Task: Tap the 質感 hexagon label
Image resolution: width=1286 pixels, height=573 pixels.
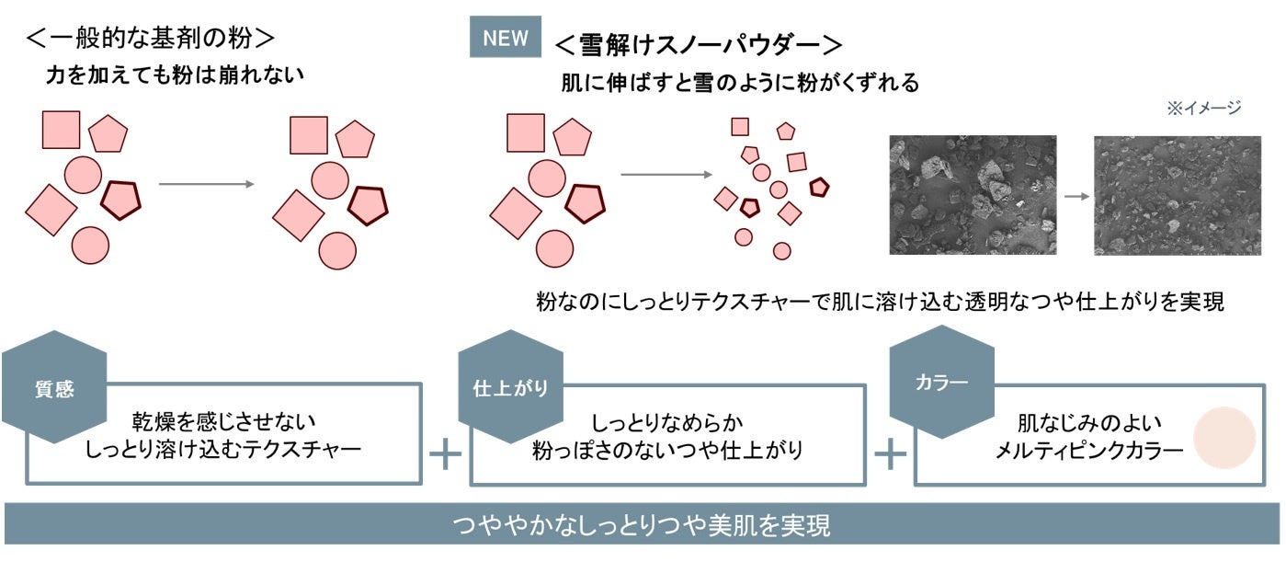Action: tap(54, 389)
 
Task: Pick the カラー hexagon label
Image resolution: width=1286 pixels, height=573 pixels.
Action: tap(942, 382)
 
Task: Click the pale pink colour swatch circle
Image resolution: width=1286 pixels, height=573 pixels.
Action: tap(1224, 438)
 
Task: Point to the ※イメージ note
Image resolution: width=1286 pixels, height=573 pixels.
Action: tap(1203, 109)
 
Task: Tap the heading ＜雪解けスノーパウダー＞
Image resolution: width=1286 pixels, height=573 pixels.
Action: tap(700, 44)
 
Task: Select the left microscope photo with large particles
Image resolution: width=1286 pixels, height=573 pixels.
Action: tap(973, 195)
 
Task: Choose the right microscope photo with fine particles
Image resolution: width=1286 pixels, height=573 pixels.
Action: tap(1177, 195)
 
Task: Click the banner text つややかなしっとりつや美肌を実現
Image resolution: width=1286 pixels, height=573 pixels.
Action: tap(642, 525)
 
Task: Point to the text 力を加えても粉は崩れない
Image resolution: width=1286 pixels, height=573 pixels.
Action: tap(175, 76)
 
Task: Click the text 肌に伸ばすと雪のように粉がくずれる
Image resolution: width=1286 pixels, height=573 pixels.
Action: tap(740, 83)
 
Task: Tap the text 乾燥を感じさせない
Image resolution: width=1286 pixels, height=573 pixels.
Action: tap(223, 422)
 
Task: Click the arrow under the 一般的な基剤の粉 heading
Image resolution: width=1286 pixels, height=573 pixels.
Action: tap(206, 185)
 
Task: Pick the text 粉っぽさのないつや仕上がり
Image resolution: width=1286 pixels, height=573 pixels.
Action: tap(668, 451)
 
